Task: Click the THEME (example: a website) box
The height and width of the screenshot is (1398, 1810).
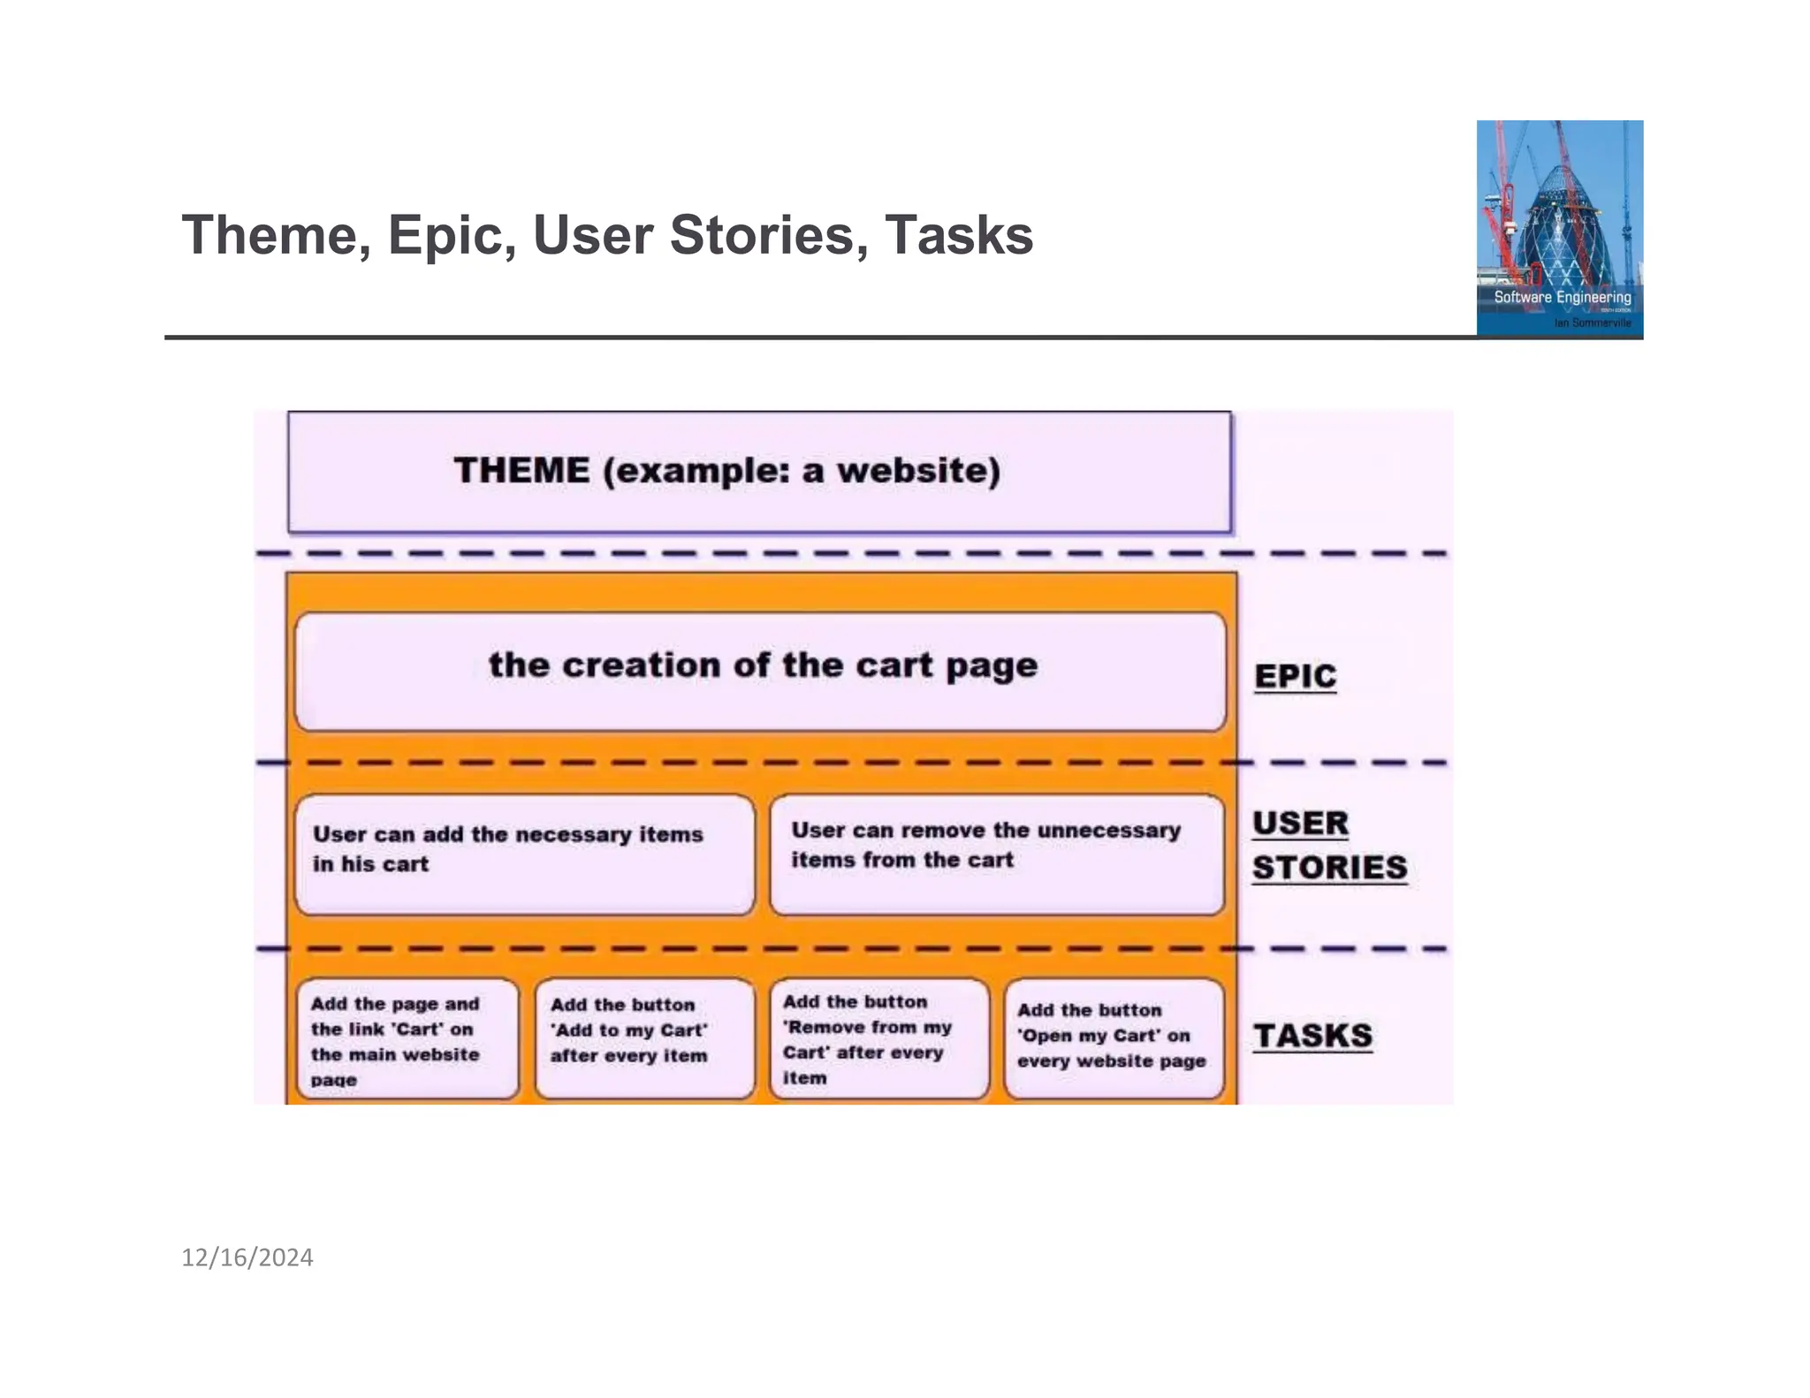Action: click(x=759, y=472)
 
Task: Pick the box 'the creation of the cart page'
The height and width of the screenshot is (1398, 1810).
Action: click(x=760, y=671)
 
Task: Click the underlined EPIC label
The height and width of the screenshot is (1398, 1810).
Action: click(x=1295, y=676)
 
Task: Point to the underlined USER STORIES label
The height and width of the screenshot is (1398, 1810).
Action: click(x=1328, y=846)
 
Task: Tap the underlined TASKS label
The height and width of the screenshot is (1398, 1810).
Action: click(x=1312, y=1036)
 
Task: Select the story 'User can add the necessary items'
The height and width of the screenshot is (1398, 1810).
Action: click(x=524, y=854)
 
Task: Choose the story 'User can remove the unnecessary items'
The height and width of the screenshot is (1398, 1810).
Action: click(x=996, y=854)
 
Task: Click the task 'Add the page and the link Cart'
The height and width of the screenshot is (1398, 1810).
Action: click(x=407, y=1039)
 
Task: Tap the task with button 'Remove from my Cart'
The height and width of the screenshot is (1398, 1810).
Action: click(x=878, y=1038)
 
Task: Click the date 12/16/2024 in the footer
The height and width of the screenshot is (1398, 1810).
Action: click(x=247, y=1257)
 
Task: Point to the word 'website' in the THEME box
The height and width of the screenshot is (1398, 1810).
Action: click(x=918, y=470)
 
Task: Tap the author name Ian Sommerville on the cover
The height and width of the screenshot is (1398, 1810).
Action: click(x=1593, y=323)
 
